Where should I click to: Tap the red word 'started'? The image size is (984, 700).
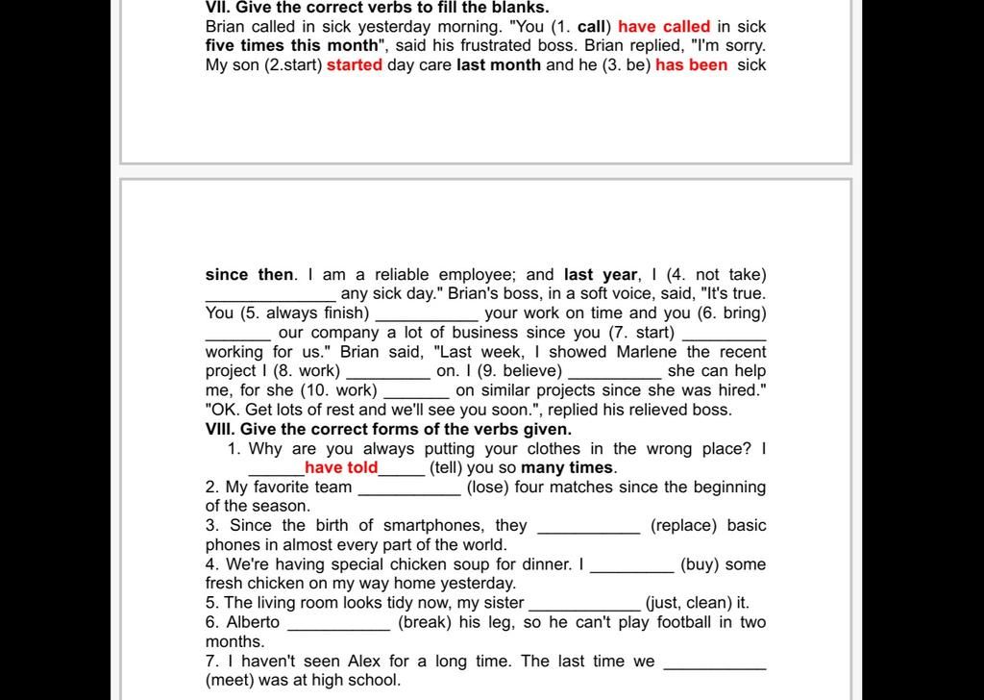coord(355,65)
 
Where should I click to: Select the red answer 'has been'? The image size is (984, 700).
coord(691,65)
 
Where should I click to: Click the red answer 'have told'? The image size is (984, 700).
coord(341,468)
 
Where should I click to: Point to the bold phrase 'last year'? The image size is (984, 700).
coord(601,275)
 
